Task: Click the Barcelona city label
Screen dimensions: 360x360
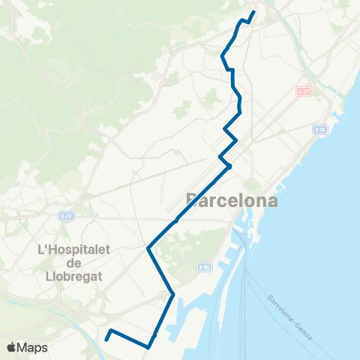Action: coord(231,200)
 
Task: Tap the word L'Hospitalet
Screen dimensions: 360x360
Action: coord(73,247)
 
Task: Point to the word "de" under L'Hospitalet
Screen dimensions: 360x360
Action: coord(73,262)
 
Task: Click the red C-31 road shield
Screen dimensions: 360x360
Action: coord(303,91)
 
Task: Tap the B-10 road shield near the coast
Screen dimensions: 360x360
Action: coord(321,130)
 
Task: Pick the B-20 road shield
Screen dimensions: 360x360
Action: coord(66,216)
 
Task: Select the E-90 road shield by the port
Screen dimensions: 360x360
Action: coord(204,266)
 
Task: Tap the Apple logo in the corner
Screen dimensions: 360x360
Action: coord(12,347)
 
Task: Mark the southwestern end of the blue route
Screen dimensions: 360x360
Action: coord(106,339)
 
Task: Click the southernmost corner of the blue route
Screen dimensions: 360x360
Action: coord(148,347)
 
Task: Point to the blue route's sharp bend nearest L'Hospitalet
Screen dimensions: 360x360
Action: coord(148,247)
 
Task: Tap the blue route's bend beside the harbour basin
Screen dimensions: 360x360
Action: coord(173,294)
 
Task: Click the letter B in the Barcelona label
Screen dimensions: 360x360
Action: coord(193,200)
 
